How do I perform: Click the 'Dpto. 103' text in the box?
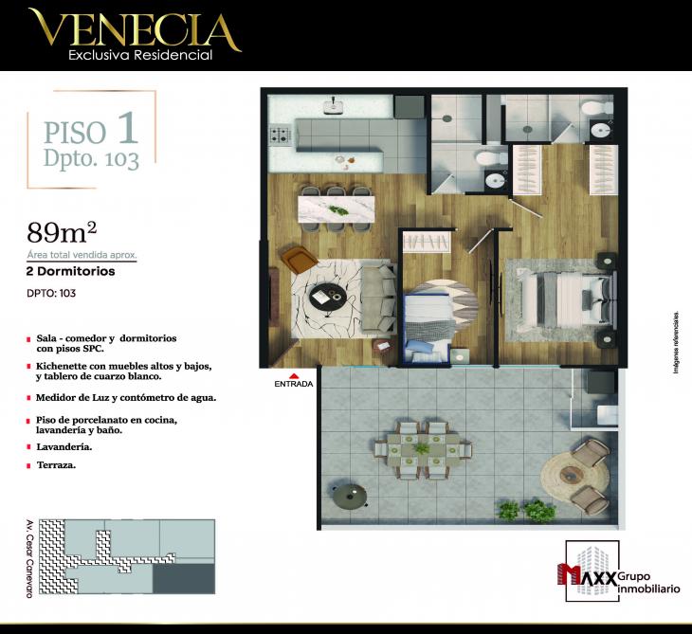91,158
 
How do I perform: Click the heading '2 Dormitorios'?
71,271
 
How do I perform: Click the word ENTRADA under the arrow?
294,384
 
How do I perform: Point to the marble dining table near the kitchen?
337,209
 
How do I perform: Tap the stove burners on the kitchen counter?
281,136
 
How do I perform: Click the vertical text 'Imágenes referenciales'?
677,341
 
